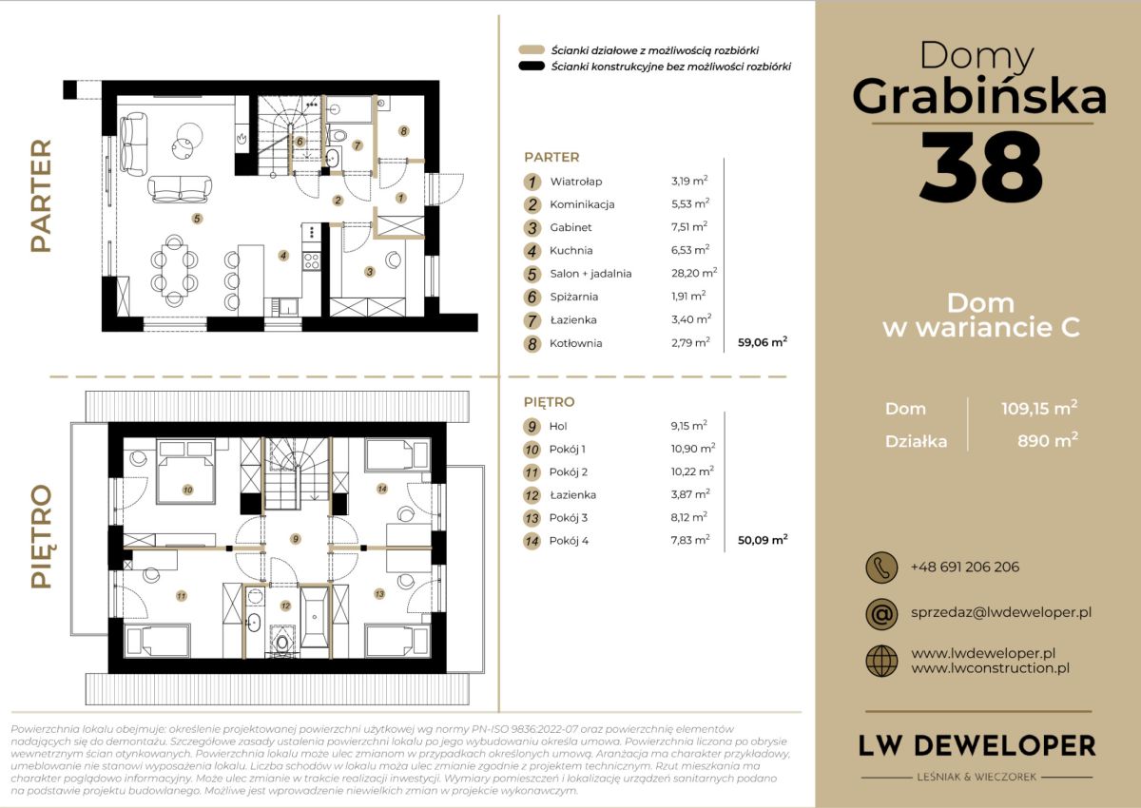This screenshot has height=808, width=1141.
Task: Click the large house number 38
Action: pos(981,166)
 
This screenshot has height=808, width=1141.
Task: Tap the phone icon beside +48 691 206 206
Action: pos(881,568)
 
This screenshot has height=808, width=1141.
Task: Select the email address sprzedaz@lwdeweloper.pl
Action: pos(1001,612)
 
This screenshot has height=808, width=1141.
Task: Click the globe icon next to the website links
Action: pos(881,661)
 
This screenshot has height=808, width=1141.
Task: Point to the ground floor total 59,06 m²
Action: pos(763,342)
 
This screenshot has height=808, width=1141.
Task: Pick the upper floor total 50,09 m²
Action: pos(763,540)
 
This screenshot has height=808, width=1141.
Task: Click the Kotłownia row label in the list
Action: pos(575,343)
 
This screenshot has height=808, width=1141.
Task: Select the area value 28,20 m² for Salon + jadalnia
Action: pos(694,273)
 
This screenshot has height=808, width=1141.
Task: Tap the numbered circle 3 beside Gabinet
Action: pos(532,227)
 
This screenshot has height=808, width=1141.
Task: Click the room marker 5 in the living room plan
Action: pos(197,219)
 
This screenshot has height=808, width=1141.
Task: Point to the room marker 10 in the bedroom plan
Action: pos(187,490)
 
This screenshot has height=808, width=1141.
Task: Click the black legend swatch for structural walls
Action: pos(532,67)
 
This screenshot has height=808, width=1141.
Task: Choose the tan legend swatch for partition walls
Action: pos(532,49)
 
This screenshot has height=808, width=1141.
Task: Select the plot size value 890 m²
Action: pos(1047,440)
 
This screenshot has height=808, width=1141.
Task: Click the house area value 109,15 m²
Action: pos(1039,408)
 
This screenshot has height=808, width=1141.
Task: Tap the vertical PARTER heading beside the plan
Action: pos(41,196)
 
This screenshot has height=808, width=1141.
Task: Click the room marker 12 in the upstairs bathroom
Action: pos(285,606)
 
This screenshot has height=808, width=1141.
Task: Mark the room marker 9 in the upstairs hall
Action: pos(295,539)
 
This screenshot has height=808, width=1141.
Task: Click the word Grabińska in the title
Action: pos(979,97)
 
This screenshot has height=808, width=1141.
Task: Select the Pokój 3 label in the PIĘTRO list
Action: pos(568,518)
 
